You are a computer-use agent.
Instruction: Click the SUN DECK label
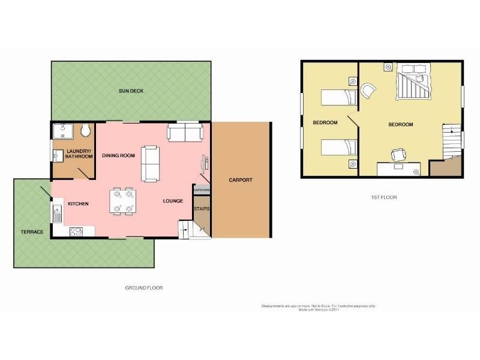(x=131, y=91)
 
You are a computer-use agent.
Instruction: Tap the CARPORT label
(x=241, y=179)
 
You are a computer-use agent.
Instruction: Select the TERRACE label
(x=31, y=232)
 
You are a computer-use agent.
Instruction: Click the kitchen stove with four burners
(x=77, y=231)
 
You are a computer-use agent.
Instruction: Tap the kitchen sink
(x=57, y=212)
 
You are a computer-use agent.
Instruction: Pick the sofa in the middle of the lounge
(x=151, y=163)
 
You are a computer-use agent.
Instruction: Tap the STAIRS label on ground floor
(x=201, y=209)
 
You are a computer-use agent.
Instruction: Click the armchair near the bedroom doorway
(x=368, y=91)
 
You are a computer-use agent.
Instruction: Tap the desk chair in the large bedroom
(x=398, y=155)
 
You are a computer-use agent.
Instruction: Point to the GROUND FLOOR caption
(x=143, y=287)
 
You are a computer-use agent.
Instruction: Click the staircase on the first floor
(x=451, y=142)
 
